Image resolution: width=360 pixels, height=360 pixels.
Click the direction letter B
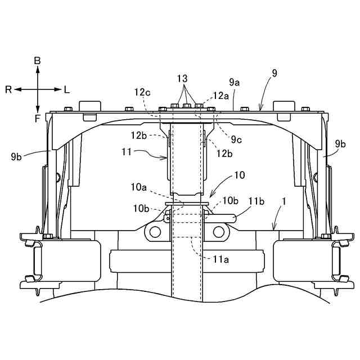37,60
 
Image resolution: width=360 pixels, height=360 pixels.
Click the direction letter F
37,118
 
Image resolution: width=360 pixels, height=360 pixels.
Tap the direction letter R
8,89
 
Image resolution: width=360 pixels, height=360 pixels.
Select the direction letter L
67,89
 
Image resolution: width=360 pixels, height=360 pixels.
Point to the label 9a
235,82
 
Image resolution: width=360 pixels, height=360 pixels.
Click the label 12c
142,92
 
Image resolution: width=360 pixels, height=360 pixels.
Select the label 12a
221,96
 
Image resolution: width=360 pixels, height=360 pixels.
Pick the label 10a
139,186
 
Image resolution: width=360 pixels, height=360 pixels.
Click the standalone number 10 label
239,175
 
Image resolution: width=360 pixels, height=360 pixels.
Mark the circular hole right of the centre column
220,230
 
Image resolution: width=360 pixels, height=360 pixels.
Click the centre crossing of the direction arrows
38,89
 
